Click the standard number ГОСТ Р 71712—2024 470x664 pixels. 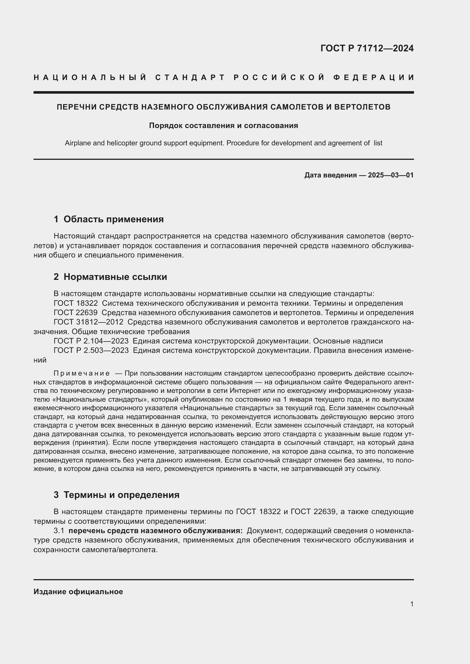367,48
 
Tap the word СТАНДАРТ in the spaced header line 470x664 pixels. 190,77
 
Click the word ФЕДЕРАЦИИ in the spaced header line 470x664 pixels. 373,77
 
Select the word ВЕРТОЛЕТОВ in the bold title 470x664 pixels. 362,107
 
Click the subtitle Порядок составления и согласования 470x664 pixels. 223,125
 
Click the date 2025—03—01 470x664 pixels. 390,175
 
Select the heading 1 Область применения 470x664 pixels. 109,219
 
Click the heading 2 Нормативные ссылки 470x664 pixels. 110,277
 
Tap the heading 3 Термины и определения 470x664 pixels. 116,495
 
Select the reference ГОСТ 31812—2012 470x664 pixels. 88,322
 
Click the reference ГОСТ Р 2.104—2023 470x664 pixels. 91,341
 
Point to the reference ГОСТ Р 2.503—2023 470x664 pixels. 91,350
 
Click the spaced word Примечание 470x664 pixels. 82,373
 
